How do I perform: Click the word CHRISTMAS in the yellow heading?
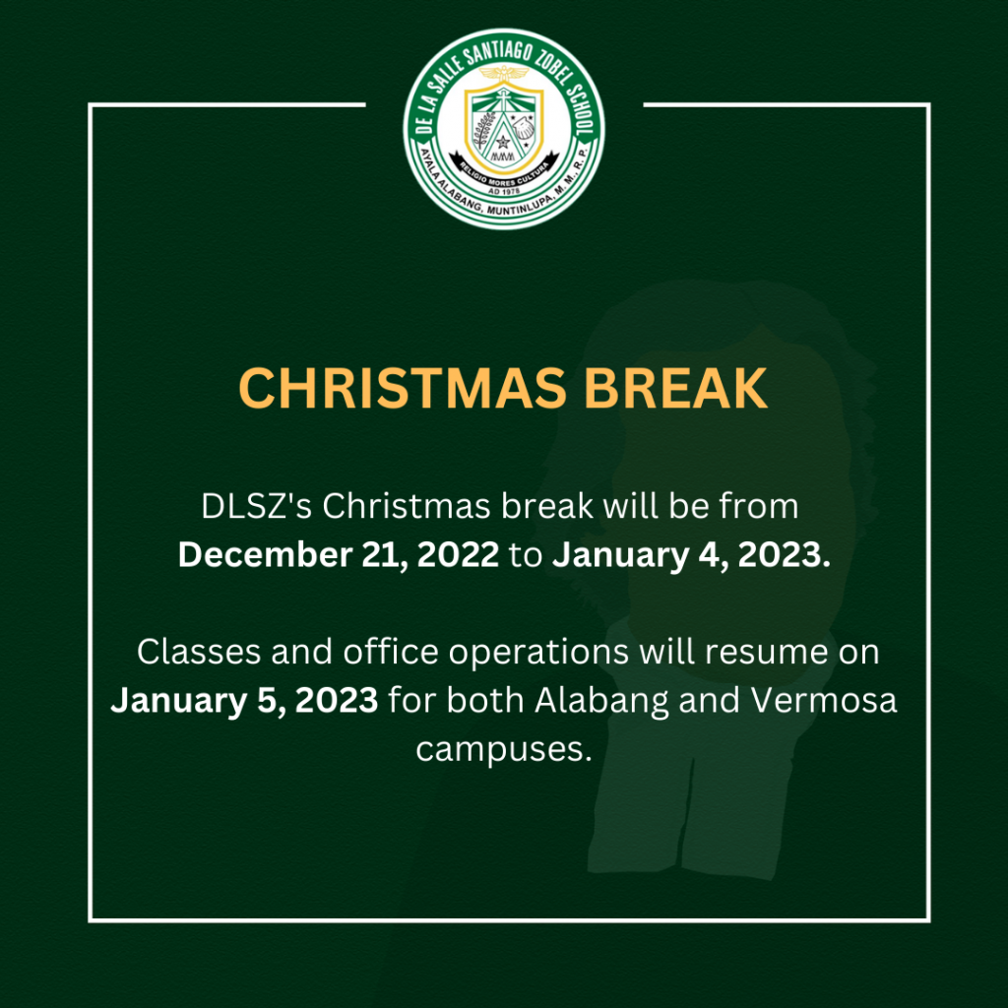coord(403,388)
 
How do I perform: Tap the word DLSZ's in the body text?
coord(257,506)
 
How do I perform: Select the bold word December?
coord(265,554)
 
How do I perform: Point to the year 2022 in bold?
coord(458,554)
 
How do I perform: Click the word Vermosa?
coord(824,700)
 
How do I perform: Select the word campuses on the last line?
coord(503,750)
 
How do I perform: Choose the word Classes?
coord(199,652)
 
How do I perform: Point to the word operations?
coord(538,654)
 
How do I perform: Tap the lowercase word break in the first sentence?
coord(547,506)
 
